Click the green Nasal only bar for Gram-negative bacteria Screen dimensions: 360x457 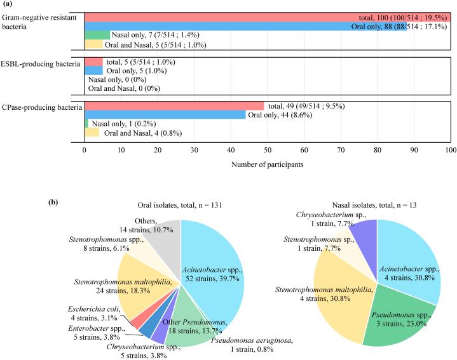(x=97, y=35)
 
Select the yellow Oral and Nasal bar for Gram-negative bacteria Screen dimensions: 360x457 (x=93, y=44)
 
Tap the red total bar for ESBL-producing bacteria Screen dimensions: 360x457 (x=93, y=63)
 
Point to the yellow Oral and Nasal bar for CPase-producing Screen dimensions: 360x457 (x=92, y=133)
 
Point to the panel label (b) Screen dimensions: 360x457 (x=56, y=204)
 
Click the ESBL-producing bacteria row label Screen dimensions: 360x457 (x=41, y=63)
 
